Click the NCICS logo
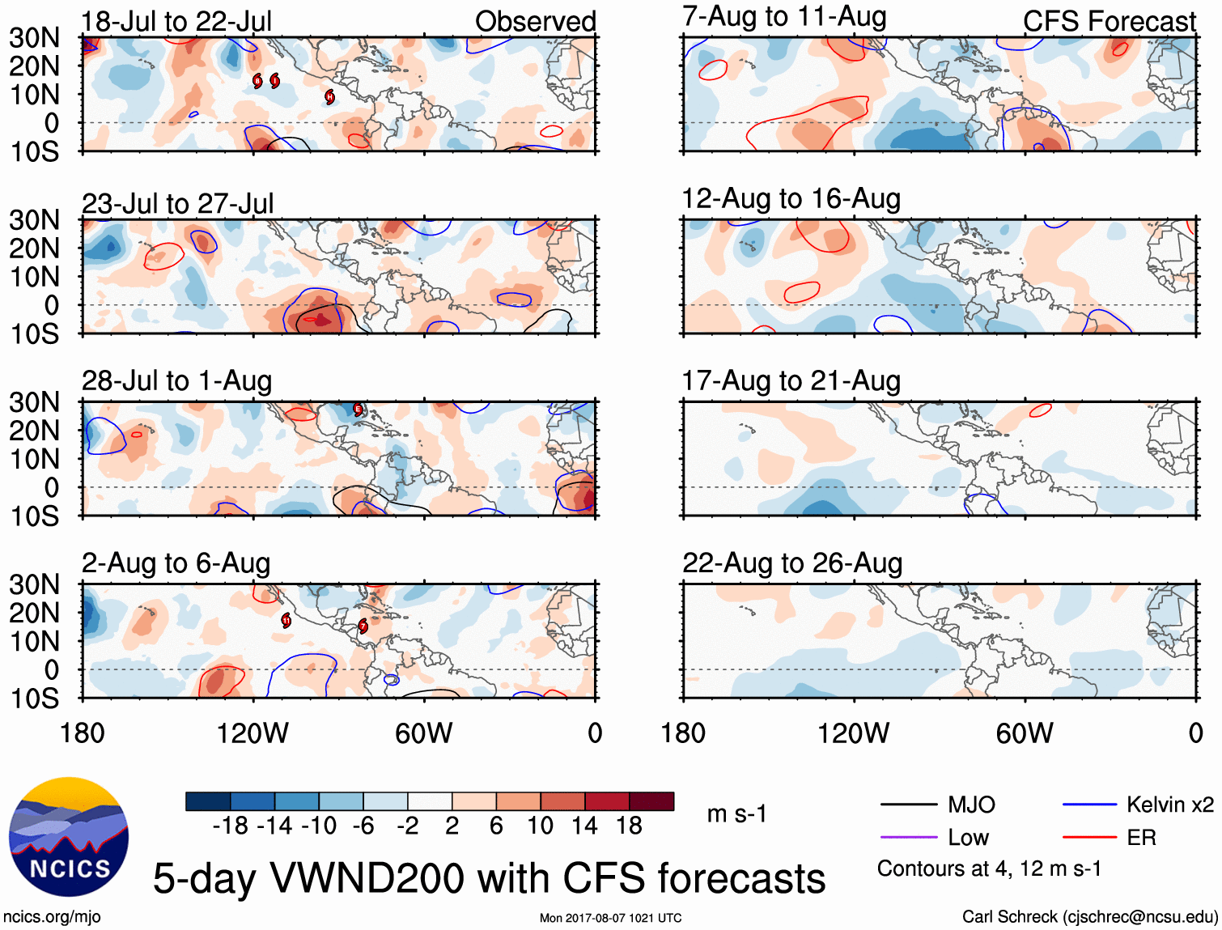click(69, 837)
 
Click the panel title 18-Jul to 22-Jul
click(176, 21)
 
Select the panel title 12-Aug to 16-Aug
click(791, 199)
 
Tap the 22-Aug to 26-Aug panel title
click(791, 563)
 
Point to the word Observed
click(535, 22)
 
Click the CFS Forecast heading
click(1109, 22)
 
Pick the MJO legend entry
click(970, 805)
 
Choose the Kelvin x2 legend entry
click(1169, 805)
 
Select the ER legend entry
click(1141, 838)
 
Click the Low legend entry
click(968, 838)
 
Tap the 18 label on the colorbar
click(629, 826)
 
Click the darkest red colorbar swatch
click(651, 801)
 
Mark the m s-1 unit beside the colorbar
click(736, 813)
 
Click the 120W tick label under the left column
click(252, 733)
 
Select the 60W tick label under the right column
click(1025, 733)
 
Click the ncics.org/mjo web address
click(52, 916)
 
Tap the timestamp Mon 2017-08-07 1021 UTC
click(610, 918)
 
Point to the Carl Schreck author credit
click(1089, 916)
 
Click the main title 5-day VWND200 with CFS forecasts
click(489, 878)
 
